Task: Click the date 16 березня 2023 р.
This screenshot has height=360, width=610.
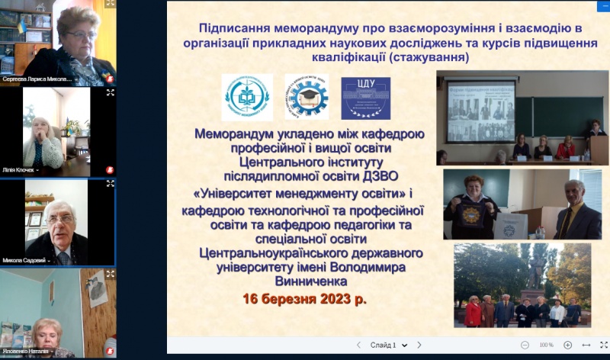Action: coord(304,299)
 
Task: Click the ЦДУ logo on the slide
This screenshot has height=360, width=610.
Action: coord(365,98)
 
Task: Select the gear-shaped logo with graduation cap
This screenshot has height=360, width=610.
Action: coord(307,97)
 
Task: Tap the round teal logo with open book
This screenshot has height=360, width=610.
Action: coord(246,98)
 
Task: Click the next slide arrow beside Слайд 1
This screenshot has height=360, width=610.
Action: coord(419,346)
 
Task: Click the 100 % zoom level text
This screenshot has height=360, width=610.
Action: coord(546,346)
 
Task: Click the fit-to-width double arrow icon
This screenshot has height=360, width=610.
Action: coord(586,346)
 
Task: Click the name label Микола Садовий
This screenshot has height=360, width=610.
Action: coord(26,260)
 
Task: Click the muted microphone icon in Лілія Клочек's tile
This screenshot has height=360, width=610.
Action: coord(111,169)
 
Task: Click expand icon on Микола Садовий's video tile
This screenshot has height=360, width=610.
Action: coord(111,184)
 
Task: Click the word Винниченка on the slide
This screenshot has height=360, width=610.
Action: coord(303,281)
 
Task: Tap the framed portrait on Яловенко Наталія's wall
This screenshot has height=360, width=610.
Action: coord(97,288)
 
